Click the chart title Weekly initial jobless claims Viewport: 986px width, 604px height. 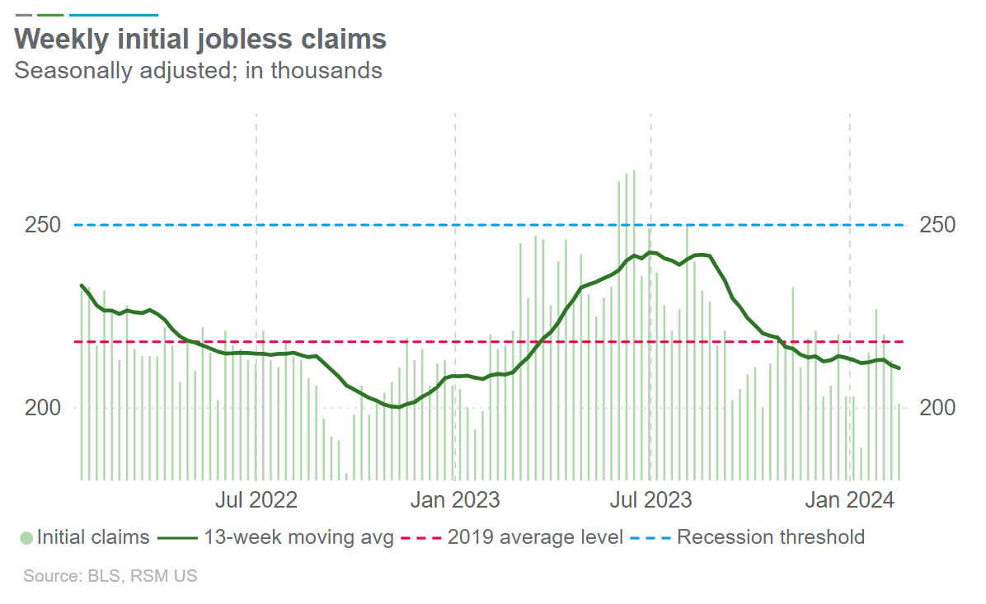pyautogui.click(x=200, y=40)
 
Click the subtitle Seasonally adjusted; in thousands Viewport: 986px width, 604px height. pyautogui.click(x=199, y=70)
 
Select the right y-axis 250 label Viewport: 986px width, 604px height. pyautogui.click(x=936, y=225)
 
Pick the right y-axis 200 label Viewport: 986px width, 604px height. pyautogui.click(x=936, y=408)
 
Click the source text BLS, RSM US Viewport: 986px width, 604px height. pyautogui.click(x=110, y=576)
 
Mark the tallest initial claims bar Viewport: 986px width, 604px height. pyautogui.click(x=634, y=325)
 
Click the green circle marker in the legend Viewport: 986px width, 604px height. pyautogui.click(x=26, y=538)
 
